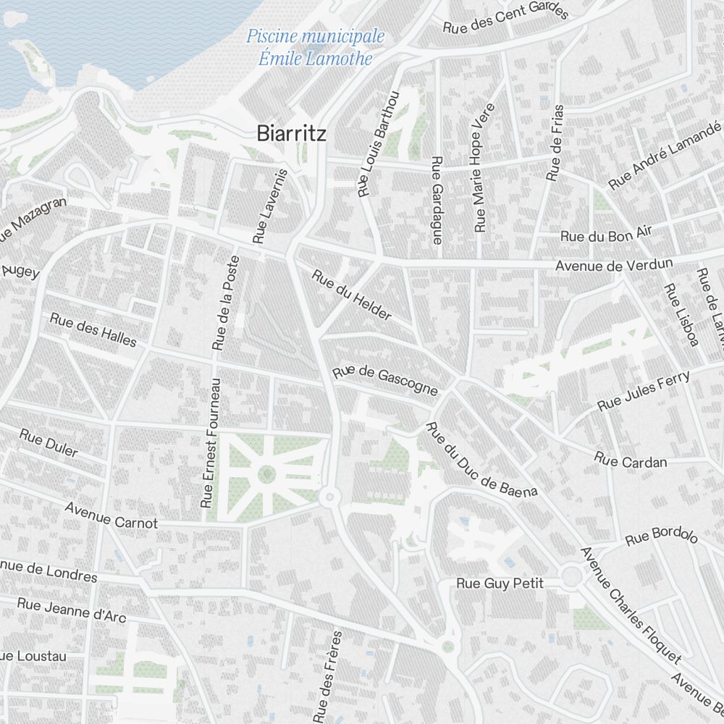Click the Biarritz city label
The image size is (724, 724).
[291, 134]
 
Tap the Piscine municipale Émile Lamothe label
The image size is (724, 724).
[315, 47]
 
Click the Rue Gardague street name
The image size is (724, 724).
[437, 200]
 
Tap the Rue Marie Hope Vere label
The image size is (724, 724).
[484, 168]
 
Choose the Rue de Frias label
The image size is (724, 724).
[555, 143]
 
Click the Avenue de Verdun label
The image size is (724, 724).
[614, 265]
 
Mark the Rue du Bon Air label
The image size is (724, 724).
[606, 234]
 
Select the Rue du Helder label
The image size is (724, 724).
[352, 295]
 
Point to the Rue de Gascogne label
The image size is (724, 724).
[385, 381]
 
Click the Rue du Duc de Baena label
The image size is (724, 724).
[481, 459]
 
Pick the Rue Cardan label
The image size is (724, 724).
[630, 460]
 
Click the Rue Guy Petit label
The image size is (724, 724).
[500, 584]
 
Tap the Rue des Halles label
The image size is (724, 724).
[93, 329]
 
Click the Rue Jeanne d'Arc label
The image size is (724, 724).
[71, 609]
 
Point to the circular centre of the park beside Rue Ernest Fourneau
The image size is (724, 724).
[266, 475]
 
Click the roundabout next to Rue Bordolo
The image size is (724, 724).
[571, 577]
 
